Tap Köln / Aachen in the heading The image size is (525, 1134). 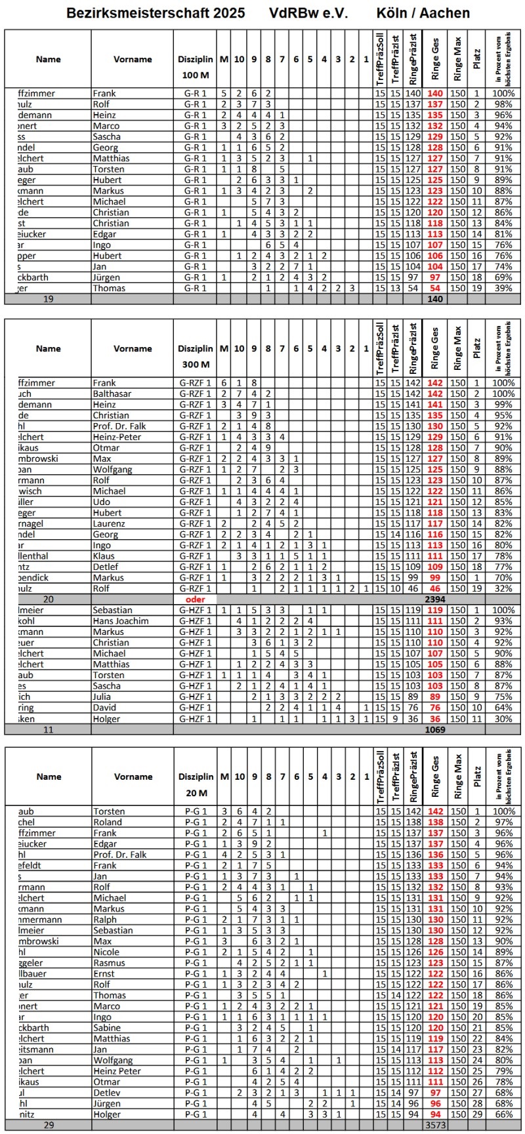(x=423, y=13)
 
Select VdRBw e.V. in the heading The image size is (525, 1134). (x=308, y=13)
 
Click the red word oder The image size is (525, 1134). (x=195, y=599)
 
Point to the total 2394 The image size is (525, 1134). (x=435, y=599)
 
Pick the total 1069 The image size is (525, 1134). (x=435, y=729)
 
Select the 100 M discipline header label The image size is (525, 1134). (x=195, y=75)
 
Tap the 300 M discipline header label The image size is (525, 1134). (x=195, y=365)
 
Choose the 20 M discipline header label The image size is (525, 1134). (x=195, y=793)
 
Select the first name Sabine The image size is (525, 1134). (x=107, y=1028)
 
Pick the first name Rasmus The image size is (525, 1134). (x=109, y=963)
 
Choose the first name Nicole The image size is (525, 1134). (x=106, y=952)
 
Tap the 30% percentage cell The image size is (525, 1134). (x=503, y=719)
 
